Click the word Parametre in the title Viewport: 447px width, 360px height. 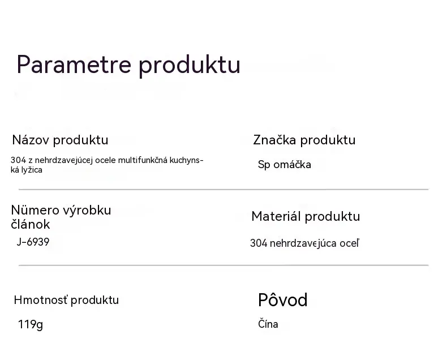[x=74, y=64]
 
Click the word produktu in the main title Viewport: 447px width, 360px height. [x=190, y=65]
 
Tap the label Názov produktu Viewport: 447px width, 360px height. [x=60, y=140]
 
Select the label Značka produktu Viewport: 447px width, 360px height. [x=304, y=140]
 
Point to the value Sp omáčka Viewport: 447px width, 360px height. [x=284, y=165]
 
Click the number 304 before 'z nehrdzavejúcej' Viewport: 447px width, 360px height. [x=18, y=160]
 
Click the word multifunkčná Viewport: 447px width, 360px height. [x=143, y=160]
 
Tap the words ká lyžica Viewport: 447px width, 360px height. [x=27, y=170]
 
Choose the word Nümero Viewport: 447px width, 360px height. [x=35, y=210]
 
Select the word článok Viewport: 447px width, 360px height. [x=31, y=224]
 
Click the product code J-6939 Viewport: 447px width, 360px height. [x=33, y=242]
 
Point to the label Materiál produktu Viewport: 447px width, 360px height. [x=306, y=217]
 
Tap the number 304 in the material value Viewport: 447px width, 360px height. [x=259, y=243]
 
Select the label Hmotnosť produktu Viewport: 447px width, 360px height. [x=66, y=300]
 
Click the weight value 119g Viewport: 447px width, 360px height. [x=31, y=325]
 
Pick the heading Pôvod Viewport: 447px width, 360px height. [x=283, y=300]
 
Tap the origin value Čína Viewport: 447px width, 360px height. [x=268, y=324]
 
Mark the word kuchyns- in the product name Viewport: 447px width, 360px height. [x=187, y=160]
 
